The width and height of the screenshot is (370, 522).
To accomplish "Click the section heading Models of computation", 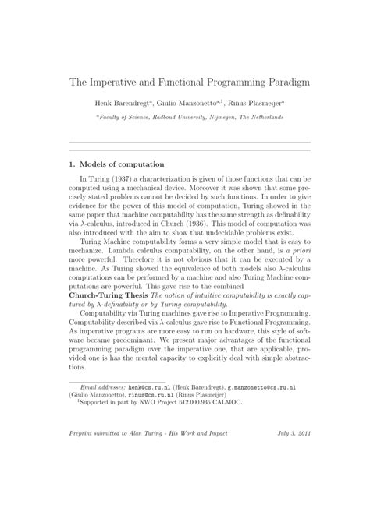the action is (126, 164).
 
